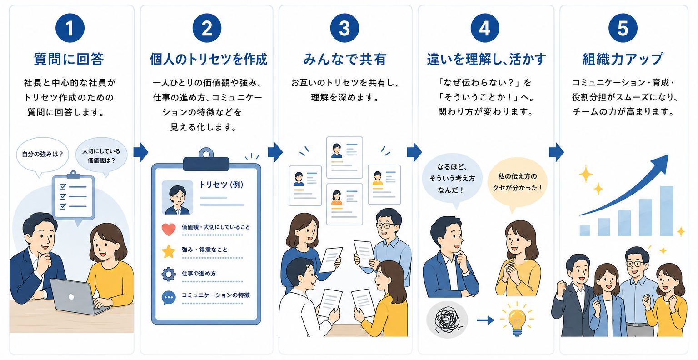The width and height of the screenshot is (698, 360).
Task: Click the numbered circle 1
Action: coord(70,28)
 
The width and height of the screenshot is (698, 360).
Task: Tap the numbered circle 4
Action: coord(484,28)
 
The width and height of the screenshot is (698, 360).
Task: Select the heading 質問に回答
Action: coord(69,59)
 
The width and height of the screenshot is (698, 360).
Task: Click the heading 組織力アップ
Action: coord(623,59)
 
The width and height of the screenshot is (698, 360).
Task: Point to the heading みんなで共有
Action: coord(344,59)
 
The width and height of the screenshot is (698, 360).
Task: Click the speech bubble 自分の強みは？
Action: coord(42,156)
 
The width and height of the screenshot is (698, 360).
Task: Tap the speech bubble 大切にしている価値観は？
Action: coord(101,156)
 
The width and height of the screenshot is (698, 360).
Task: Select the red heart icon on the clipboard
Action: coord(169,230)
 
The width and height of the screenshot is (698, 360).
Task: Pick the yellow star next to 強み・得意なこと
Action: coord(169,251)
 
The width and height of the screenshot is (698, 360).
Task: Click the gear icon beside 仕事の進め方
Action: coord(169,274)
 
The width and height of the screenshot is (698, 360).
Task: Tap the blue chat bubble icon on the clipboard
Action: coord(169,298)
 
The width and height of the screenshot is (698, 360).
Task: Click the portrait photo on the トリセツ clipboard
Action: coord(177,197)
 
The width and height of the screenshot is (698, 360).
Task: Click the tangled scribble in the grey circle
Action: coord(447,320)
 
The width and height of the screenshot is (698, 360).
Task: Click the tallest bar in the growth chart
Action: coord(667,211)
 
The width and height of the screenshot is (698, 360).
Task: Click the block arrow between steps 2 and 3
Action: coord(275,152)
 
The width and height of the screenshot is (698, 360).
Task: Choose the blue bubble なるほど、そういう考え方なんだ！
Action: coord(452,179)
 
